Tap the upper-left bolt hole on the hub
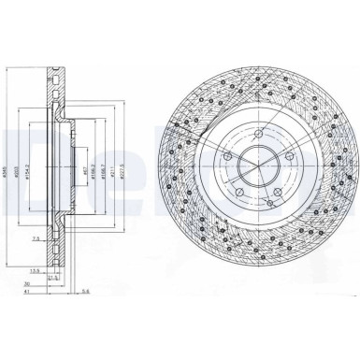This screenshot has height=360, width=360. click(x=228, y=154)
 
